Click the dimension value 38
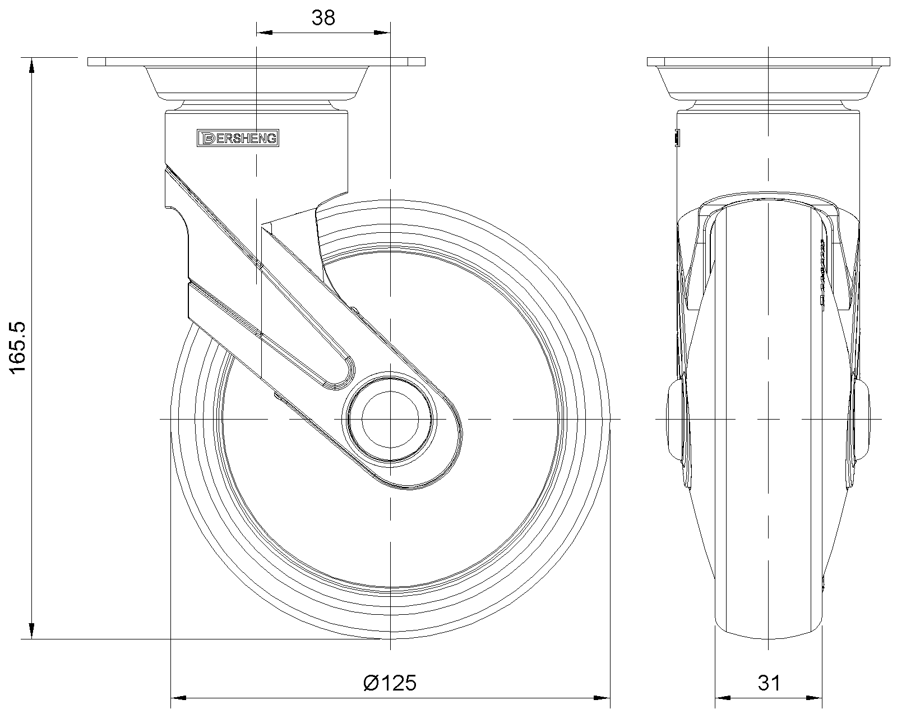click(x=323, y=18)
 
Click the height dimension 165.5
click(x=17, y=348)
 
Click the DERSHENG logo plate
click(x=238, y=138)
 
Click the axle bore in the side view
click(x=390, y=420)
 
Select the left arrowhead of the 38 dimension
click(x=264, y=33)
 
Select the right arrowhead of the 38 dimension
click(x=382, y=33)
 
